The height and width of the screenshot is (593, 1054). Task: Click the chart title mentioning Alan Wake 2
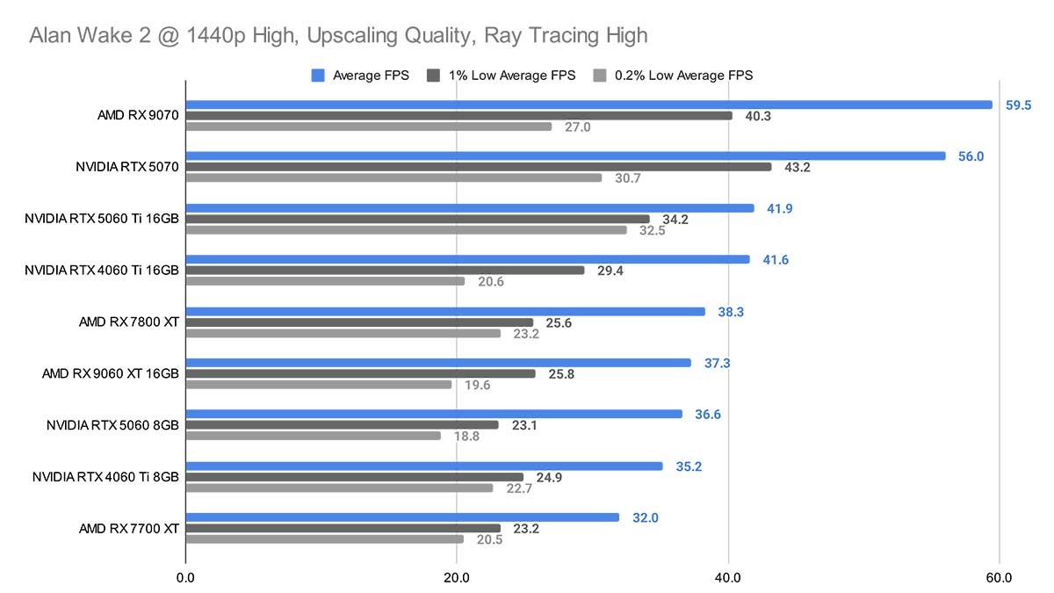tap(338, 36)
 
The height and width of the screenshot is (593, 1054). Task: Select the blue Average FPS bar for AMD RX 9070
tap(588, 105)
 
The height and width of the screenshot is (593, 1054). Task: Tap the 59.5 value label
tap(1018, 105)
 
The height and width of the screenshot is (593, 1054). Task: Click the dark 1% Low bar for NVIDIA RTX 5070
tap(479, 167)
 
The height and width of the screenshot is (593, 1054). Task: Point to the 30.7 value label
tap(628, 178)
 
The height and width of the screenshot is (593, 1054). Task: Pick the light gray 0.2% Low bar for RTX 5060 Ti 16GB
tap(406, 230)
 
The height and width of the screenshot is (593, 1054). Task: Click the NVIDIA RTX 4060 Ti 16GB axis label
tap(103, 270)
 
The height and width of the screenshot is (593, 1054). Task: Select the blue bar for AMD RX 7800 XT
tap(445, 311)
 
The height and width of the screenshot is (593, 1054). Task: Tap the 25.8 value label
tap(560, 374)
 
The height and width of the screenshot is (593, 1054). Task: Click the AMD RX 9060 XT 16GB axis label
tap(111, 373)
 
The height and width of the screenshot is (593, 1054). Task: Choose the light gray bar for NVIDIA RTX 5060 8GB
tap(313, 436)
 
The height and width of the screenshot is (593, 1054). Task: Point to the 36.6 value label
tap(707, 415)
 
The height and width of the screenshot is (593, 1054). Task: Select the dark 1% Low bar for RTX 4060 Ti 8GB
tap(354, 478)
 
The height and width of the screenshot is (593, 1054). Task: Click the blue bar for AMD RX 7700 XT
tap(402, 517)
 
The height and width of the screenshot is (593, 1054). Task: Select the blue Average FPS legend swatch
tap(318, 76)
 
